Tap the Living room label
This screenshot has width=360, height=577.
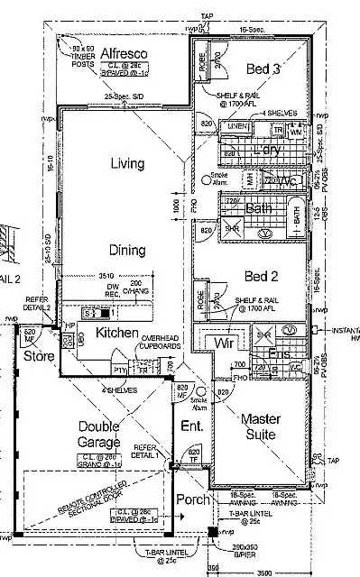pyautogui.click(x=128, y=163)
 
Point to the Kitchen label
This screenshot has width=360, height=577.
pyautogui.click(x=116, y=334)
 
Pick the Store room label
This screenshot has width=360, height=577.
pyautogui.click(x=39, y=357)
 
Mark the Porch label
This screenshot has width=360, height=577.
pyautogui.click(x=193, y=499)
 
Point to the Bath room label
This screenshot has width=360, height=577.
pyautogui.click(x=259, y=208)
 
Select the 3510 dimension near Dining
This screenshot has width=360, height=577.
pyautogui.click(x=106, y=278)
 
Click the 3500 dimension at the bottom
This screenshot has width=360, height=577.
pyautogui.click(x=263, y=572)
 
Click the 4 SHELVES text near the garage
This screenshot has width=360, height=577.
pyautogui.click(x=121, y=389)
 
